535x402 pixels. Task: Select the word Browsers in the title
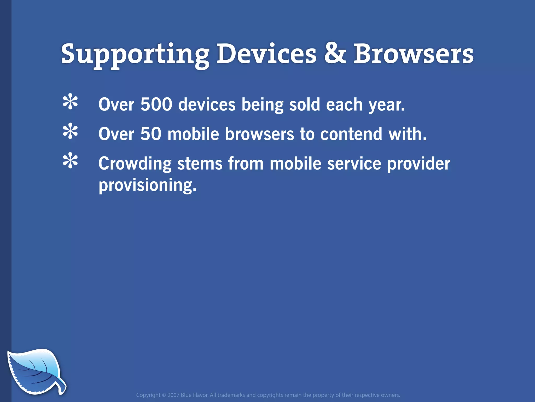point(413,54)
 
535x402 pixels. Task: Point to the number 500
point(156,104)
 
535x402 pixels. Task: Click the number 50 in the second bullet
point(151,134)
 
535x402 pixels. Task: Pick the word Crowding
point(135,164)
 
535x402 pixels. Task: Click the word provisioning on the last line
point(147,186)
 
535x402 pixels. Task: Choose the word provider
point(418,164)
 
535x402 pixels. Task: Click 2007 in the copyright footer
point(173,395)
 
